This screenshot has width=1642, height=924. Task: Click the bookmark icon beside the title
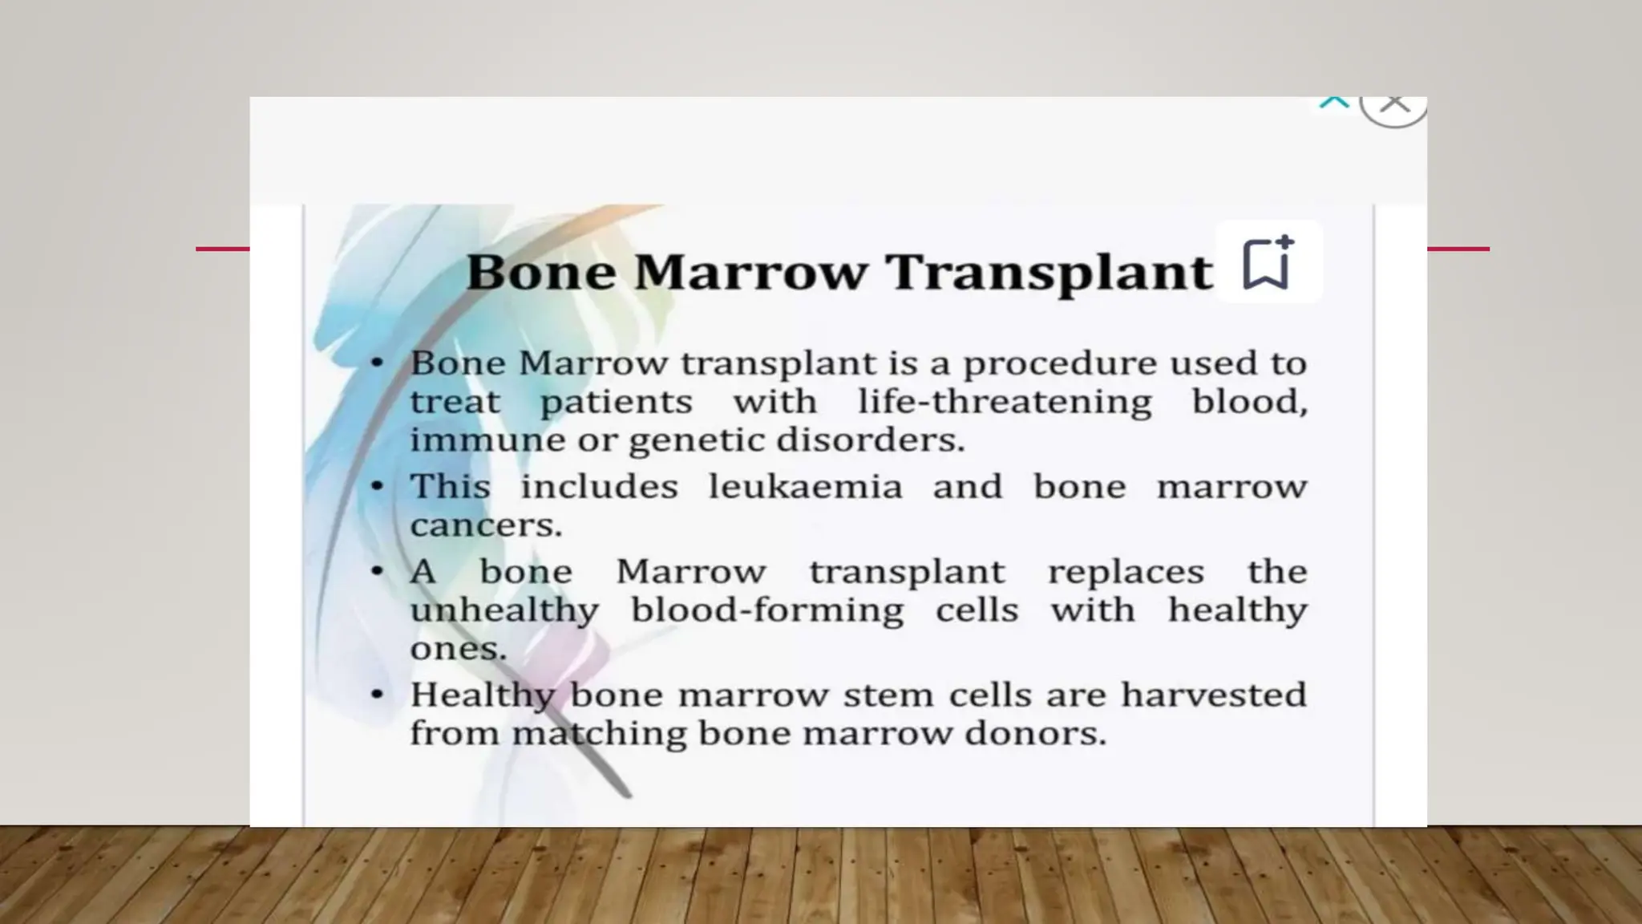click(x=1268, y=262)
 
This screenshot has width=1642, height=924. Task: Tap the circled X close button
click(x=1395, y=104)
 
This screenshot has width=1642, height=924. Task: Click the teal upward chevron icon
click(x=1334, y=103)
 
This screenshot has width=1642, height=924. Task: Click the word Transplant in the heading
click(x=1049, y=272)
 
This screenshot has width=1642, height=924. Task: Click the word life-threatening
click(x=1005, y=401)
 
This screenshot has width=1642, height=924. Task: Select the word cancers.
click(x=486, y=525)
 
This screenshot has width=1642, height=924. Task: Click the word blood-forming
click(x=767, y=610)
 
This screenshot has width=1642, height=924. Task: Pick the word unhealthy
click(x=504, y=610)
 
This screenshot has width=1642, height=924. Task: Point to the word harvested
click(x=1213, y=695)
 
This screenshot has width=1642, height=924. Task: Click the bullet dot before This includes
click(x=378, y=486)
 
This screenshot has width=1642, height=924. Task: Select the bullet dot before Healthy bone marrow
click(x=378, y=694)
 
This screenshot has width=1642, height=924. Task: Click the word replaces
click(x=1125, y=572)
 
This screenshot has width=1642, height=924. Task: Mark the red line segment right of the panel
click(x=1458, y=249)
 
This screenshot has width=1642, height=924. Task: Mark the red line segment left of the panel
click(x=223, y=249)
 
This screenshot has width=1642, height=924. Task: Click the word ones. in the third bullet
click(x=458, y=648)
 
